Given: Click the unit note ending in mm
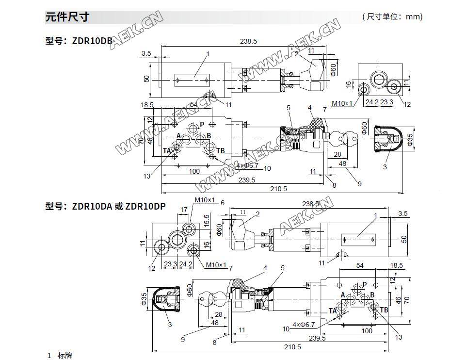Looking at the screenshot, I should [x=392, y=17].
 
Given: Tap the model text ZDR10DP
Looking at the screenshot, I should [x=145, y=206].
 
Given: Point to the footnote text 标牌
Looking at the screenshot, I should [x=64, y=356].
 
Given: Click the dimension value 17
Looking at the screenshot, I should [x=184, y=210].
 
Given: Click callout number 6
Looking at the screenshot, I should [x=223, y=203].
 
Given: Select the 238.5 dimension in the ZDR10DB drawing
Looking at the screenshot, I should [x=248, y=42].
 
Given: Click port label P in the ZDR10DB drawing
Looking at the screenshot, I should [x=202, y=124].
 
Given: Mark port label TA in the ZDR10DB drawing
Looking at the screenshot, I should [x=167, y=151].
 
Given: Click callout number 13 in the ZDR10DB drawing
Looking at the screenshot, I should [x=147, y=176].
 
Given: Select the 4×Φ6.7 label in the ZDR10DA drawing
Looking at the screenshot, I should [x=304, y=324].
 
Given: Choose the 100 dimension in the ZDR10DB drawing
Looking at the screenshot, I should [x=194, y=171].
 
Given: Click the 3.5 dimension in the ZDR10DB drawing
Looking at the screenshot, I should [x=146, y=53].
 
